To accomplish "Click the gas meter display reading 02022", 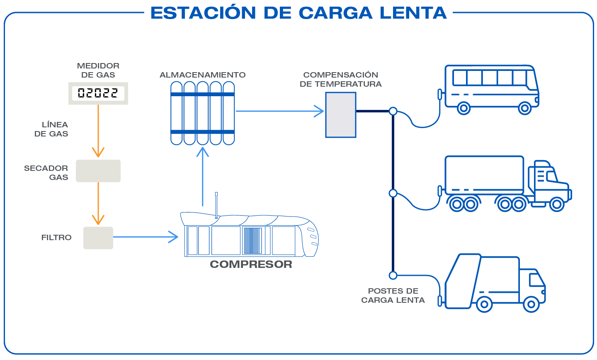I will [x=98, y=93].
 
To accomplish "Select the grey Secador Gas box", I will [x=98, y=171].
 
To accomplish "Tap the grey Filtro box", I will [x=98, y=238].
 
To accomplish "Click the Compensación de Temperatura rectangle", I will [x=341, y=115].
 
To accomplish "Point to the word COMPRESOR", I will [x=251, y=264].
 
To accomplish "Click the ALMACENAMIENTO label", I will [x=202, y=75].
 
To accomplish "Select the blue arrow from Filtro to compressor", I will [x=145, y=237].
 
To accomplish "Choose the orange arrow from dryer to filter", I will [x=98, y=203].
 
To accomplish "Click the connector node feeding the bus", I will [x=393, y=111].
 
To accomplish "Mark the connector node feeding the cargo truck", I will [x=393, y=193].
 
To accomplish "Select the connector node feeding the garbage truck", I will [x=393, y=275].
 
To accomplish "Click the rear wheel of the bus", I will [x=464, y=109].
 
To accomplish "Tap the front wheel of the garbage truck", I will [x=531, y=304].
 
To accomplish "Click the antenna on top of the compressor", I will [x=216, y=205].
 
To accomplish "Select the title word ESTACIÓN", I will [x=203, y=13].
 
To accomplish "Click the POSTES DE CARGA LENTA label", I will [x=393, y=296].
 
